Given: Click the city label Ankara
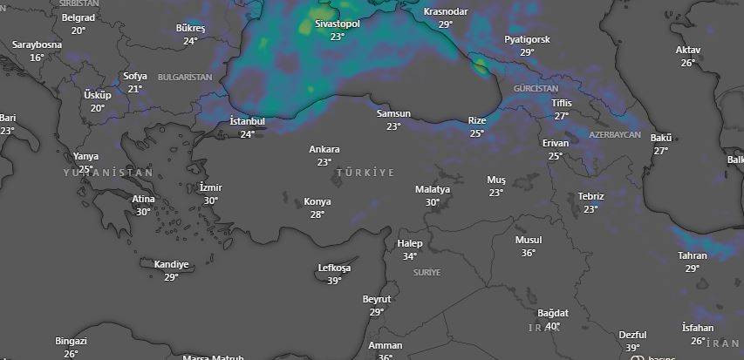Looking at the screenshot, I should click(x=324, y=149).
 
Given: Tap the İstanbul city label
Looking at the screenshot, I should click(x=247, y=120).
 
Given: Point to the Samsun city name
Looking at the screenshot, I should click(x=393, y=113).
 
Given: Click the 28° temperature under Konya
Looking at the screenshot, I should click(x=317, y=214).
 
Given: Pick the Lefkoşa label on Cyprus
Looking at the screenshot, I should click(x=334, y=268).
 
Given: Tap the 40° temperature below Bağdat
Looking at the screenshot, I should click(x=552, y=326).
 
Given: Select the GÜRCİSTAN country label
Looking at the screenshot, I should click(x=536, y=89).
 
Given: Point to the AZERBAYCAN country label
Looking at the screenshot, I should click(x=614, y=135).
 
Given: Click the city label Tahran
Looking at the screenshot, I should click(x=693, y=255).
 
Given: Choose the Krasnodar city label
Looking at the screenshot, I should click(x=445, y=11).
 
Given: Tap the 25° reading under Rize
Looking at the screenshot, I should click(x=476, y=133).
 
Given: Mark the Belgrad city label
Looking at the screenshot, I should click(x=78, y=17).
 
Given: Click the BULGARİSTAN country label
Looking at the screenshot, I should click(x=185, y=77).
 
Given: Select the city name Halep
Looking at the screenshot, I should click(x=409, y=243).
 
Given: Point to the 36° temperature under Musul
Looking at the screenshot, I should click(x=529, y=253).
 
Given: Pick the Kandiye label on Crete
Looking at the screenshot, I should click(x=171, y=264).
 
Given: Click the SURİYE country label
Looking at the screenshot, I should click(x=427, y=272).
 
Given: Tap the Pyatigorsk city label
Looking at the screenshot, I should click(x=527, y=39).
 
